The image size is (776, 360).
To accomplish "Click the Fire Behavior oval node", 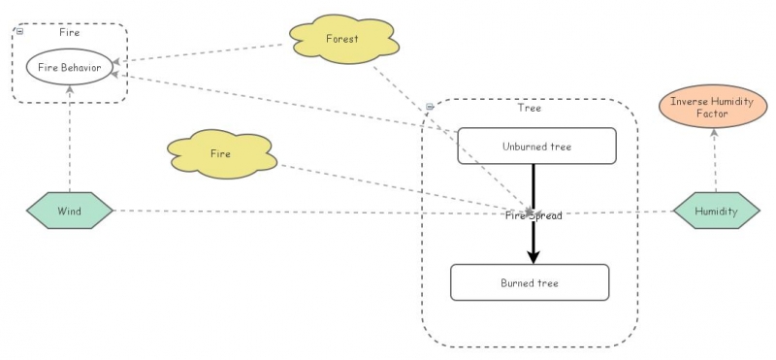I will [69, 67].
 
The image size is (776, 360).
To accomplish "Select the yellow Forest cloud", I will [342, 40].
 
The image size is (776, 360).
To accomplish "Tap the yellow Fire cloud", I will [221, 153].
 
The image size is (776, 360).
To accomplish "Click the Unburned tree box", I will [536, 147].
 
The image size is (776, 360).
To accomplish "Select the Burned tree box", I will [530, 282].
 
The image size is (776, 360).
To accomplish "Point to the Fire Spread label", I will [533, 215].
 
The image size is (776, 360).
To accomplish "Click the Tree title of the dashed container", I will [530, 109].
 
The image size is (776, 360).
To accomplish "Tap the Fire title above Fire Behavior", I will [70, 32].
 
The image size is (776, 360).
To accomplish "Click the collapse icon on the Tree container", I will [429, 107].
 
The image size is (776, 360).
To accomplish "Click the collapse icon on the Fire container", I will [19, 32].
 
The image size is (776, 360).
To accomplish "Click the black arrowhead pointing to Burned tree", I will [533, 256].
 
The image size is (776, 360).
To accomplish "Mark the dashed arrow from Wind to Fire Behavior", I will [70, 141].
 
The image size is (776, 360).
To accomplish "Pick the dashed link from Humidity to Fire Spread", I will [621, 213].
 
